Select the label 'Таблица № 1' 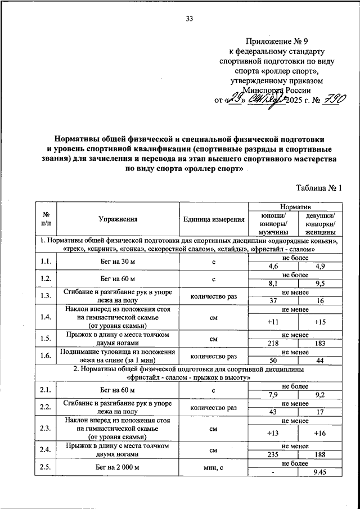point(318,188)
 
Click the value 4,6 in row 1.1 point(273,265)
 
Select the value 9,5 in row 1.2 point(321,283)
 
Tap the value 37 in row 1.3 point(274,301)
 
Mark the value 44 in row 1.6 point(321,360)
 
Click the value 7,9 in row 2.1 point(273,395)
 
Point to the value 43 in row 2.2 point(274,412)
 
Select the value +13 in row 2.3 point(273,433)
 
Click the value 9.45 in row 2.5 point(321,472)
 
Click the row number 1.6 point(46,356)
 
